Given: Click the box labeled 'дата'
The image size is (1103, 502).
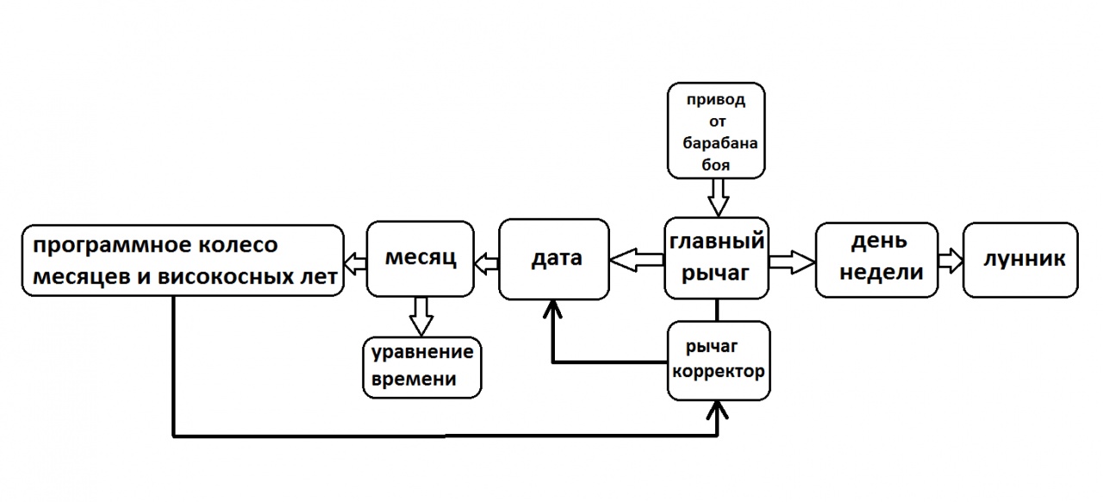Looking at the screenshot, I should [x=554, y=259].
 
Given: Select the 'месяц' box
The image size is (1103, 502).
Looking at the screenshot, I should [x=421, y=259].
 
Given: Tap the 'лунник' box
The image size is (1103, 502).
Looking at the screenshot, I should [x=1019, y=260].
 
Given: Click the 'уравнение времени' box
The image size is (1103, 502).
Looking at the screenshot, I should [x=422, y=366].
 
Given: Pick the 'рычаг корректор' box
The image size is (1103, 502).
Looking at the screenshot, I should [x=718, y=361].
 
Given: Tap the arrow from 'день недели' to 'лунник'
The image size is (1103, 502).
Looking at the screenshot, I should [x=950, y=259].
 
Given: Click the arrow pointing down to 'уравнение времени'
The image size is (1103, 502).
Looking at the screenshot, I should [x=421, y=315].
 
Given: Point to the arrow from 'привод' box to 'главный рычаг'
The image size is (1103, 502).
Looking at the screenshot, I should [x=717, y=198].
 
